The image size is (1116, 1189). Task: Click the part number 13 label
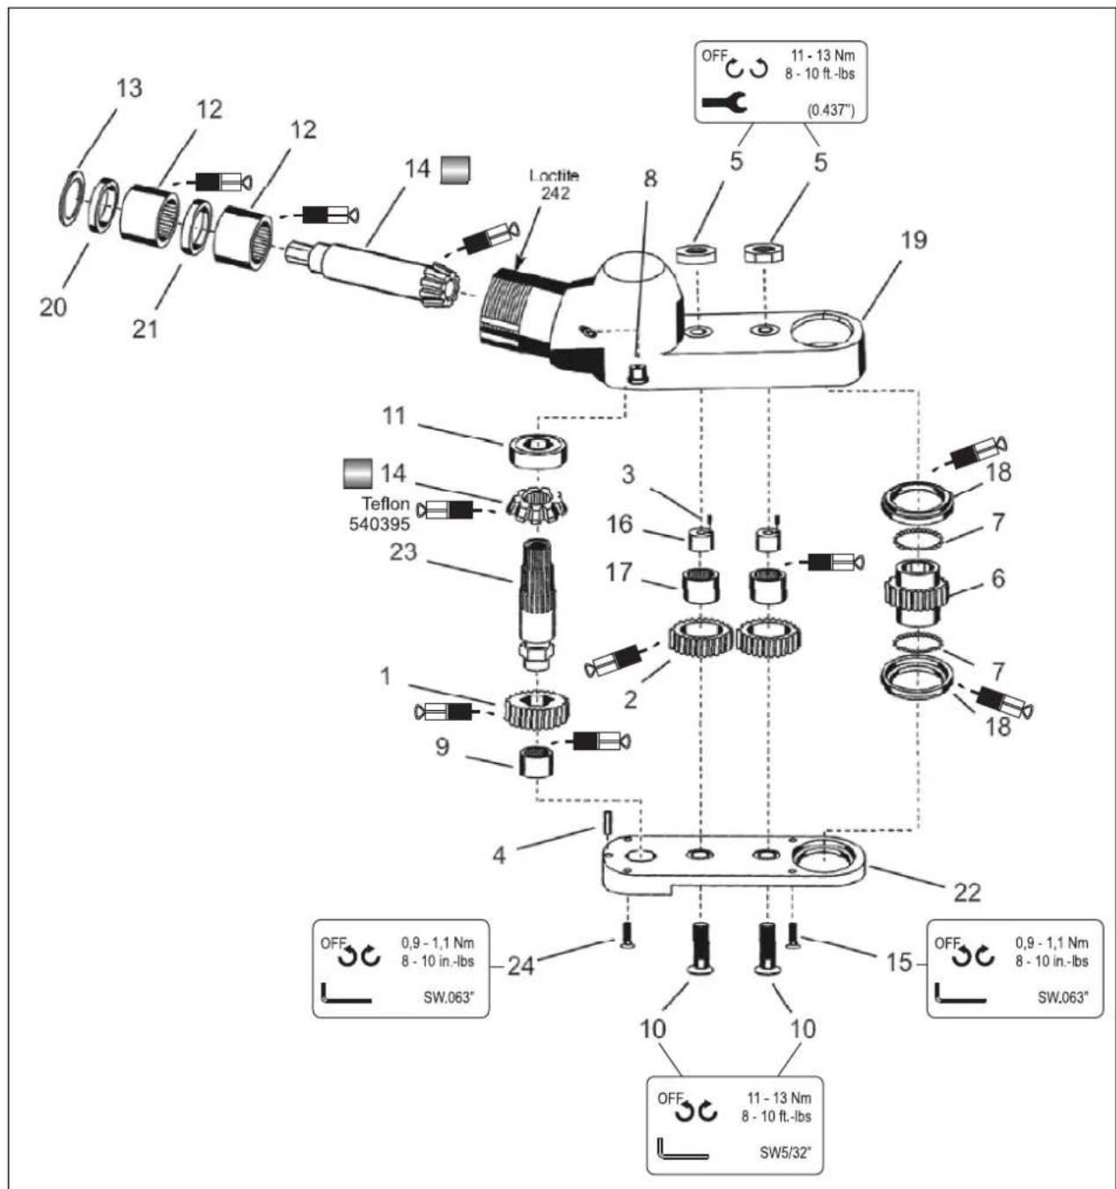click(129, 88)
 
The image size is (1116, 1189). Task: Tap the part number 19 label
click(914, 240)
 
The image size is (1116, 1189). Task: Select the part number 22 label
click(967, 892)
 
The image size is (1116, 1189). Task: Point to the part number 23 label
click(403, 552)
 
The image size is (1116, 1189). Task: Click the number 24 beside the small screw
click(520, 965)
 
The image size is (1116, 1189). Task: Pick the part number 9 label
click(442, 746)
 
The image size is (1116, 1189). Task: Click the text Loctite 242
click(554, 185)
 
